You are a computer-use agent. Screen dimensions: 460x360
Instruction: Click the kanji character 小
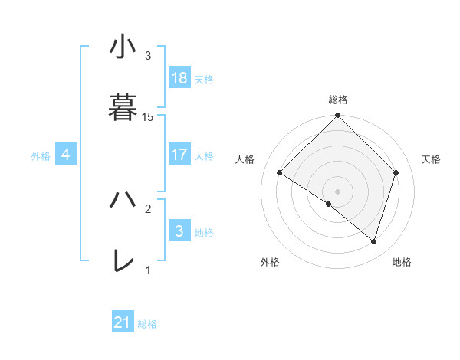pyautogui.click(x=123, y=47)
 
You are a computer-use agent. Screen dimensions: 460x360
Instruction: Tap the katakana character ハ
pyautogui.click(x=123, y=200)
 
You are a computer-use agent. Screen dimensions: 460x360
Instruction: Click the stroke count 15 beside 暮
pyautogui.click(x=148, y=116)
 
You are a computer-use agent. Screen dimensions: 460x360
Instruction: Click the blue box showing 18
pyautogui.click(x=179, y=78)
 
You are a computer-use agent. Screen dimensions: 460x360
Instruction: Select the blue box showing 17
pyautogui.click(x=179, y=155)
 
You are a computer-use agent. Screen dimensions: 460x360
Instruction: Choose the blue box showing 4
pyautogui.click(x=66, y=155)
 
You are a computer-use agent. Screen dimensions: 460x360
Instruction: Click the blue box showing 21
pyautogui.click(x=123, y=322)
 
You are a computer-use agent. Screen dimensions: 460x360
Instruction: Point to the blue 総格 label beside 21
pyautogui.click(x=147, y=324)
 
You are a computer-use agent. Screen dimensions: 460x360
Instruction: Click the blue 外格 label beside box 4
pyautogui.click(x=41, y=155)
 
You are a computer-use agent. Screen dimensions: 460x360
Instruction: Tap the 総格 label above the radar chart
pyautogui.click(x=338, y=100)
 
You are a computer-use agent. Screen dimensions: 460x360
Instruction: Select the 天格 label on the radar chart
pyautogui.click(x=432, y=159)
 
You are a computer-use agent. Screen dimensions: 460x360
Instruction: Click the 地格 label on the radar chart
pyautogui.click(x=402, y=262)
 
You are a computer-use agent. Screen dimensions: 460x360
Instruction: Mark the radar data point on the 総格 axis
pyautogui.click(x=338, y=116)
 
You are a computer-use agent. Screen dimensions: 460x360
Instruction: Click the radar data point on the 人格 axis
pyautogui.click(x=280, y=173)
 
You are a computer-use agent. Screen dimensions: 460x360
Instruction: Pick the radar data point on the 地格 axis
pyautogui.click(x=374, y=241)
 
